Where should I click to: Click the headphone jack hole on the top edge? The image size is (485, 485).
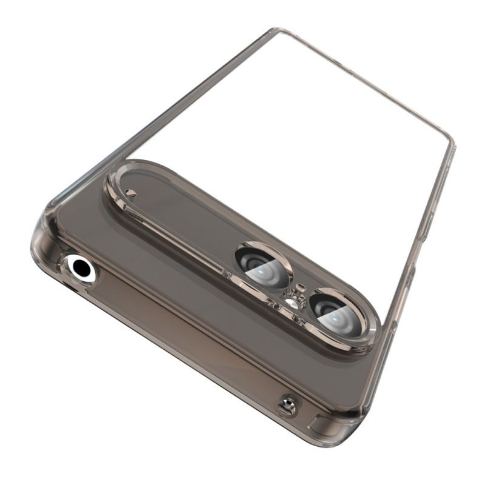click(x=80, y=267)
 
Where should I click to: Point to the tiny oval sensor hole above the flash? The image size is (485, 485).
click(x=299, y=287)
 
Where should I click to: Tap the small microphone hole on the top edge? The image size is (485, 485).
click(x=287, y=405)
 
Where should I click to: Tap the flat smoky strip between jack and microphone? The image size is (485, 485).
click(x=182, y=333)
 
